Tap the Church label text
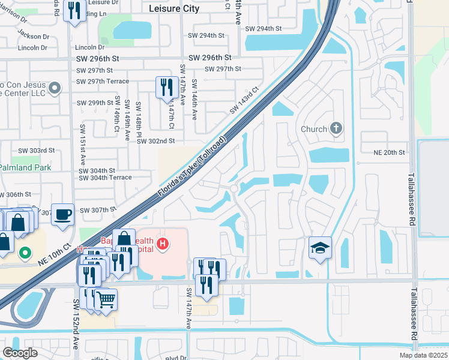pos(314,129)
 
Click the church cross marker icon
pos(336,128)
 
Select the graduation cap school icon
pos(320,247)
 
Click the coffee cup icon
pos(62,214)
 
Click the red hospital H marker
pos(161,243)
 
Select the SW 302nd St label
pos(155,141)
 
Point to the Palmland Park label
pos(26,167)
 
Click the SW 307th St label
pos(95,209)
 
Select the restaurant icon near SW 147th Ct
pos(164,87)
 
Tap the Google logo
pos(20,352)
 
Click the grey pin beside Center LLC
pos(55,89)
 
